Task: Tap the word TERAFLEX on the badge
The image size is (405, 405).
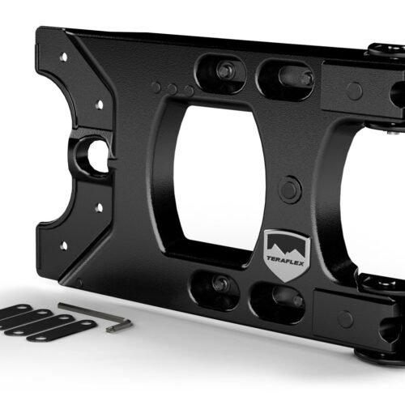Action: (286, 258)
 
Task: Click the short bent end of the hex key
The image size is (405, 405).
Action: (124, 325)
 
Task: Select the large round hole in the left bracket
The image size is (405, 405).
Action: (96, 155)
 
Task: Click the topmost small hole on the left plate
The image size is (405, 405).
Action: (63, 58)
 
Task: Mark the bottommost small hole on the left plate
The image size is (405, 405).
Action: (63, 245)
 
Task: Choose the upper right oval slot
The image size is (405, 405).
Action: (286, 79)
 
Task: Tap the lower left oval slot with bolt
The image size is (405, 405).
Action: (217, 286)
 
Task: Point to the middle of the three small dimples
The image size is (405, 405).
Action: (172, 89)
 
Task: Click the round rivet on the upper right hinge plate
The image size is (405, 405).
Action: (354, 91)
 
